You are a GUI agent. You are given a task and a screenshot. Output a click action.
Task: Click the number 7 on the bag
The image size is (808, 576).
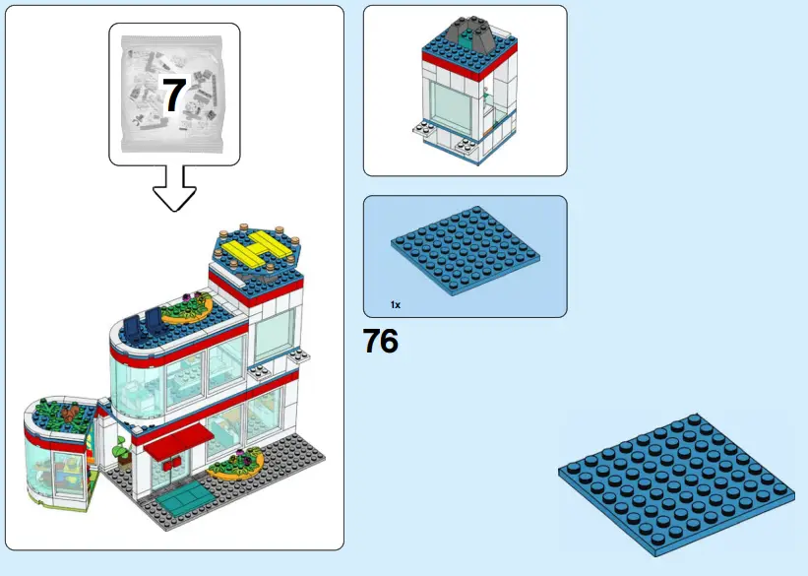[x=173, y=96]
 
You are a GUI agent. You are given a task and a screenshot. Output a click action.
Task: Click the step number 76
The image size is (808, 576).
[x=381, y=342]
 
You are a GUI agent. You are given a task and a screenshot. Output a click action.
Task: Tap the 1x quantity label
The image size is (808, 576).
[x=395, y=305]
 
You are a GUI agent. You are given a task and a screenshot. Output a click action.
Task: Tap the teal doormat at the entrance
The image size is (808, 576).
[x=184, y=496]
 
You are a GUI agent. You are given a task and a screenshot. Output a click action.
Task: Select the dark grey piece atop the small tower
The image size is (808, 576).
[x=468, y=36]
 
